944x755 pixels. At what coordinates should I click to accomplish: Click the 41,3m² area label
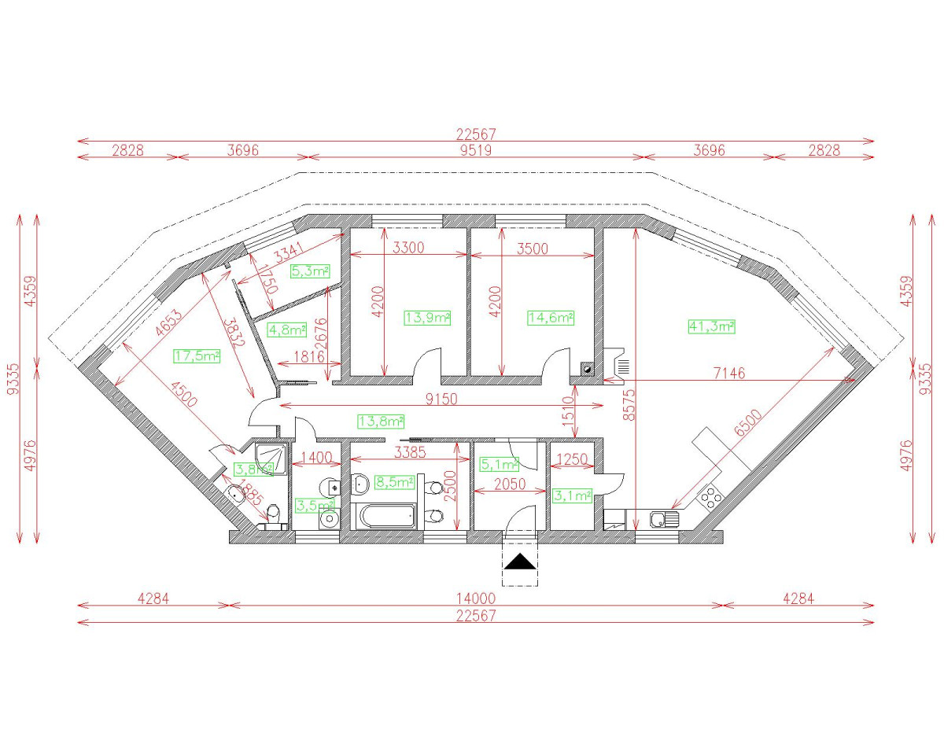pos(710,326)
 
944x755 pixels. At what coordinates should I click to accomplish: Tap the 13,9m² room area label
pos(427,318)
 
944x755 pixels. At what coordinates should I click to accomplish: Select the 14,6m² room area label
pos(549,318)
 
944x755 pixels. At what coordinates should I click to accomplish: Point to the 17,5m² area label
pos(196,355)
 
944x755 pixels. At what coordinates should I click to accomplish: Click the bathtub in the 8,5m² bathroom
pos(385,517)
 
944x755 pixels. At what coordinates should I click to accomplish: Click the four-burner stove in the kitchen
pos(710,495)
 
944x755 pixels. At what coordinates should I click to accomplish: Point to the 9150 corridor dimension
pos(441,399)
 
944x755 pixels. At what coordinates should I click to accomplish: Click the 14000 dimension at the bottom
pos(475,598)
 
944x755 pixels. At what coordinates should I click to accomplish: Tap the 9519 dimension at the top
pos(475,150)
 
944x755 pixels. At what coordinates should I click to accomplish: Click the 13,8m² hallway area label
pos(380,421)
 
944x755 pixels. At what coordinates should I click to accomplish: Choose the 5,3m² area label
pos(310,271)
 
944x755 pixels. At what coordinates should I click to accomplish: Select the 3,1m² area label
pos(572,495)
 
